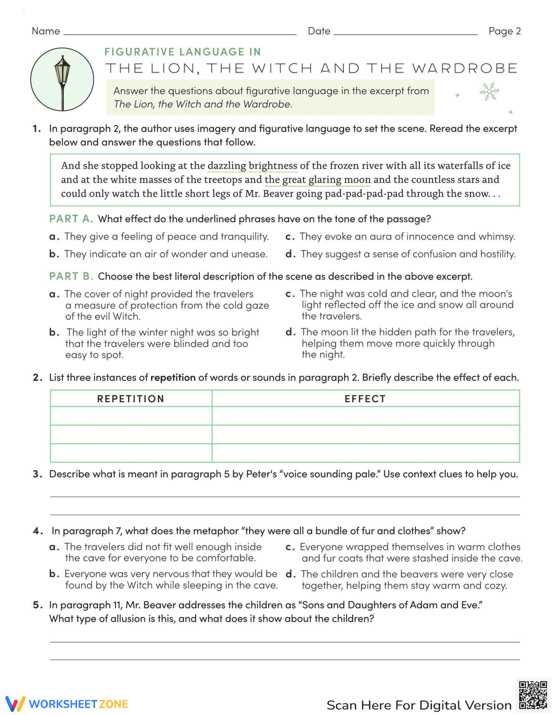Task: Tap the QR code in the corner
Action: (533, 695)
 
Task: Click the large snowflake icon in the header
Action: (489, 92)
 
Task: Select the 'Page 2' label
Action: (504, 31)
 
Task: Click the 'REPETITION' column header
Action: (131, 398)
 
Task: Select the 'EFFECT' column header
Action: (365, 398)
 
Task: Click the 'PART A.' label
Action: (71, 219)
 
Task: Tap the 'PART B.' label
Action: (71, 276)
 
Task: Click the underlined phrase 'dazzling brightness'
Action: (252, 166)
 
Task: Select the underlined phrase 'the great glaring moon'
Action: (317, 180)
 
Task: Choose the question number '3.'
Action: (38, 474)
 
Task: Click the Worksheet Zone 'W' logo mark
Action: (15, 703)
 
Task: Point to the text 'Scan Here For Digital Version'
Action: (419, 705)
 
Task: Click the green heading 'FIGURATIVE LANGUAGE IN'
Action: (182, 52)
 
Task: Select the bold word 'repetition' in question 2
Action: (173, 377)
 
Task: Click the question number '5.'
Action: (38, 605)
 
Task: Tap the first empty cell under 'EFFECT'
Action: (365, 416)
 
